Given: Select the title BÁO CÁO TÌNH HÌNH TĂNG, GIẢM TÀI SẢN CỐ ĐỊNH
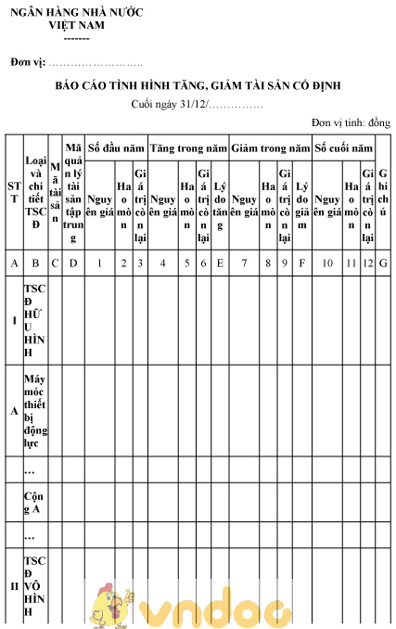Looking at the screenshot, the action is click(x=198, y=85).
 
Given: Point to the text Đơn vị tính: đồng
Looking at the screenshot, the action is click(x=351, y=122).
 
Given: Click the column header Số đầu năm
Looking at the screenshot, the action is click(x=116, y=148).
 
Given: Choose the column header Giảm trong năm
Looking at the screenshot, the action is click(x=270, y=148).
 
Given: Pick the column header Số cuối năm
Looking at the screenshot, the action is click(x=344, y=148).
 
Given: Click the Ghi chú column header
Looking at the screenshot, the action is click(x=384, y=192).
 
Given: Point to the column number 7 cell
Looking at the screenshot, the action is click(x=245, y=263).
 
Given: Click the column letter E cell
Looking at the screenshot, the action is click(x=220, y=263).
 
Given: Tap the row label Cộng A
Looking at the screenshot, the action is click(x=34, y=503).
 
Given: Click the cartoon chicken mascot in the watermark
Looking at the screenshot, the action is click(x=109, y=605).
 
